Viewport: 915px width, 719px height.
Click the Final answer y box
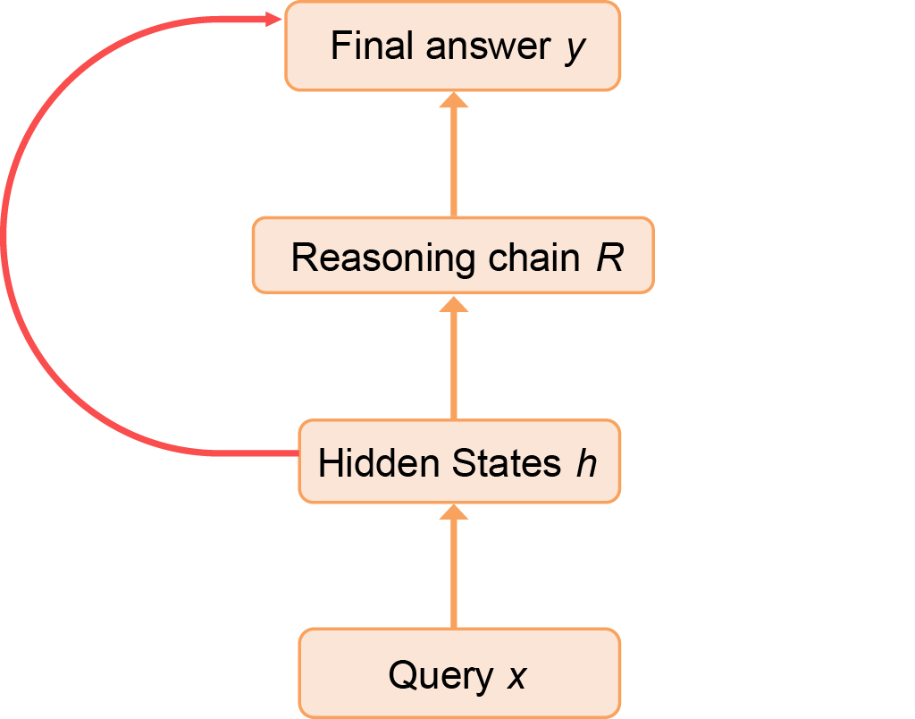tap(452, 46)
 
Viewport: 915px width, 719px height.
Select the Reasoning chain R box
tap(453, 255)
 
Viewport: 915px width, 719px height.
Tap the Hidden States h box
tap(458, 461)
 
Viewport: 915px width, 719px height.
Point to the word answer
tap(488, 47)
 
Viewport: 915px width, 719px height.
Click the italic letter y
tap(575, 48)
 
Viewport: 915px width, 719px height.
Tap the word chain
tap(533, 258)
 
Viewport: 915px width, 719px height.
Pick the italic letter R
tap(609, 258)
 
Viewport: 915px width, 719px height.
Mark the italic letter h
tap(585, 464)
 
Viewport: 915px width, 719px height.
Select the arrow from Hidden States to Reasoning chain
tap(454, 358)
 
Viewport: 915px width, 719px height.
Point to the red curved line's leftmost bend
tap(5, 234)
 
